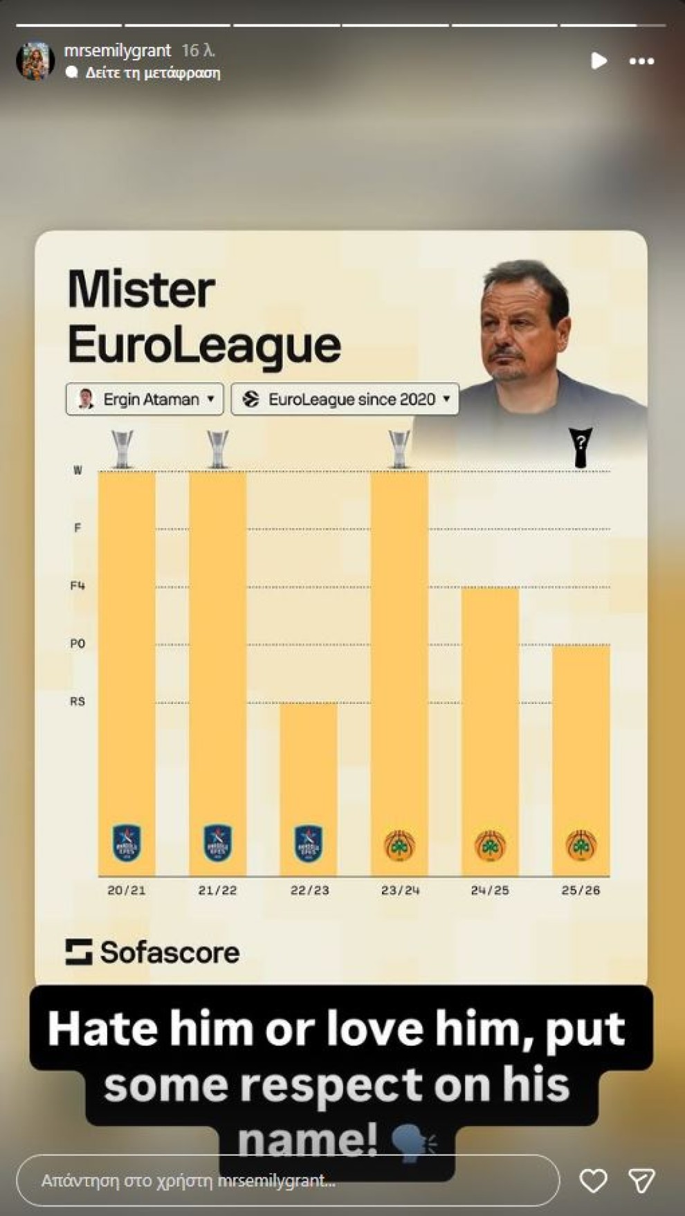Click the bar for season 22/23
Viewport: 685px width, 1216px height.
[x=309, y=789]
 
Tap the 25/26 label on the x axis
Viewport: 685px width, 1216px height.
[x=581, y=890]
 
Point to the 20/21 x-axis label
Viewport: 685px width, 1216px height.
[x=127, y=890]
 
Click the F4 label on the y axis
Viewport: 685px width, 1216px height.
[x=77, y=586]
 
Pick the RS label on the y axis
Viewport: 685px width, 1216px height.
[x=77, y=702]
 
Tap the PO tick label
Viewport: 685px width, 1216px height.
[x=77, y=644]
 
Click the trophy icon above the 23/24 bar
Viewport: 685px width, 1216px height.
[x=399, y=448]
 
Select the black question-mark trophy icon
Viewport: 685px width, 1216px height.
[x=581, y=447]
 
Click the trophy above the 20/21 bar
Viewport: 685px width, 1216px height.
[x=122, y=448]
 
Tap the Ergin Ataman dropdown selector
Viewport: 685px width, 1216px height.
[x=145, y=399]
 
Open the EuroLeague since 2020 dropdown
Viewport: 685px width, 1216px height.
[x=345, y=399]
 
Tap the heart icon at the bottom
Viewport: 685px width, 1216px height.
[x=593, y=1180]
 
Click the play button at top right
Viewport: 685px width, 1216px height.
[x=599, y=61]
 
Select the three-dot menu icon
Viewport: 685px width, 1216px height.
[x=641, y=62]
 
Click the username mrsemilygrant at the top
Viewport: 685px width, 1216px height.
[x=118, y=51]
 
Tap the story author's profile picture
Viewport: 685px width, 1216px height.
[x=35, y=61]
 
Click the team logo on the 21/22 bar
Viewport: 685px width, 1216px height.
[x=217, y=843]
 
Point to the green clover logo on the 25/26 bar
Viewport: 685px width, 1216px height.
[x=581, y=845]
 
